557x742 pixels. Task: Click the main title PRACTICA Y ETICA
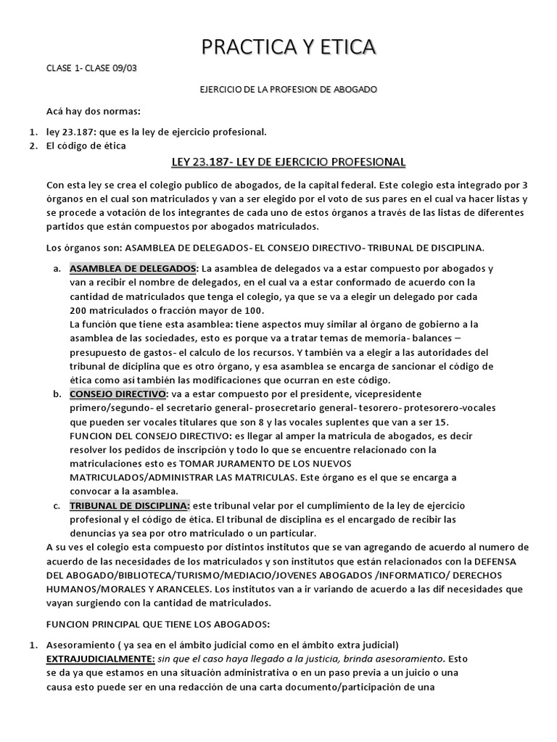coord(289,48)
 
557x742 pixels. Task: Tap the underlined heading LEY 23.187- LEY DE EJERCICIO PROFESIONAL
coord(288,161)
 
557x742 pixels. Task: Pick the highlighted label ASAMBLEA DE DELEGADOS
coord(133,268)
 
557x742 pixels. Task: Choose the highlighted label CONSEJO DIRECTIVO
coord(117,394)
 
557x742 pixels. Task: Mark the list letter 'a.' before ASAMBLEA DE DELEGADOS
coord(57,268)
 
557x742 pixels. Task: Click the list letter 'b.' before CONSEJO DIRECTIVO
coord(57,394)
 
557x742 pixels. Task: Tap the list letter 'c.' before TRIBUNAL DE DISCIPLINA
coord(57,505)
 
